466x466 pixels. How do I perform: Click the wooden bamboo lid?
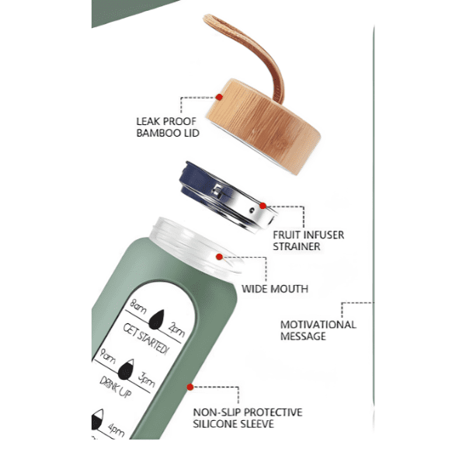pos(263,127)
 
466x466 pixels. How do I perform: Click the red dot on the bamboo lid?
pos(219,97)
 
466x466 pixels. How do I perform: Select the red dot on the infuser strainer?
pos(263,206)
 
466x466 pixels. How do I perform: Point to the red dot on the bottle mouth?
pos(219,257)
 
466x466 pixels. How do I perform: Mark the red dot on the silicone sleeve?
pos(190,387)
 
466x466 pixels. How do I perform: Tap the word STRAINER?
pos(297,246)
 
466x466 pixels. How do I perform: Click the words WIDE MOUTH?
pos(275,289)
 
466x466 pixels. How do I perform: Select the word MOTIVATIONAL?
pos(318,325)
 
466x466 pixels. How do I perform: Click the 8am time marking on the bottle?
pos(138,308)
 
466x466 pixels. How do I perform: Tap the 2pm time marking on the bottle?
pos(176,329)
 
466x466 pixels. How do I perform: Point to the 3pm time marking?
pos(147,379)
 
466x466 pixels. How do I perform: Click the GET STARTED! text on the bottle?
pos(146,339)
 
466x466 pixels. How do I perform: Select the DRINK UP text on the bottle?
pos(116,386)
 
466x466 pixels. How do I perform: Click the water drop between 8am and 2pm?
pos(157,319)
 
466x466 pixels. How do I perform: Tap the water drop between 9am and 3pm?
pos(126,370)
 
